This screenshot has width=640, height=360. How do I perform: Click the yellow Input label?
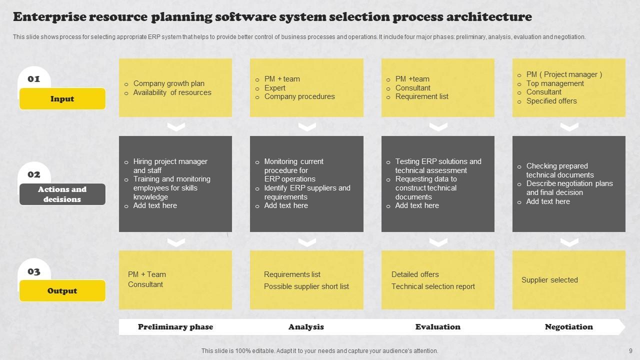pos(62,99)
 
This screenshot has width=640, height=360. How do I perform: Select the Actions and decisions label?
pos(62,194)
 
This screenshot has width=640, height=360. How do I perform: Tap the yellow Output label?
pos(62,291)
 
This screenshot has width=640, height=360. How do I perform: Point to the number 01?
pos(33,79)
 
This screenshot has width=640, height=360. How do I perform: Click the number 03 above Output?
pos(33,271)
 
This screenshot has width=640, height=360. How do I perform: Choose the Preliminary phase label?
pos(175,327)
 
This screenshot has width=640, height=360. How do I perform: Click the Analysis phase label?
pos(306,327)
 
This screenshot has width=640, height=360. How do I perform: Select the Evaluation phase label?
pos(437,327)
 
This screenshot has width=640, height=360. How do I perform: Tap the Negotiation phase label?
pos(568,327)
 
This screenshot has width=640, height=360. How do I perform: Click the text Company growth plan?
pos(168,83)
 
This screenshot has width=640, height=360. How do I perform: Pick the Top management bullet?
pos(555,83)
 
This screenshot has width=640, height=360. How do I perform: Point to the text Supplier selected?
pos(549,280)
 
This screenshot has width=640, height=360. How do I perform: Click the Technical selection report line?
pos(433,286)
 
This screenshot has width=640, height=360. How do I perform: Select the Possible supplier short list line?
pos(306,286)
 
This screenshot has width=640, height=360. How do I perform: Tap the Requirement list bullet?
pos(421,96)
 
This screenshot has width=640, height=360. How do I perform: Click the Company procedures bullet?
pos(299,96)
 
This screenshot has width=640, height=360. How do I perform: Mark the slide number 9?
pos(630,351)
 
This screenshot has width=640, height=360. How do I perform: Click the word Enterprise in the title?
pos(49,17)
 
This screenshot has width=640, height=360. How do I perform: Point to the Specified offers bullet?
pos(551,101)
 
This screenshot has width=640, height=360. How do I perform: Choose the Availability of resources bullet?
pos(172,92)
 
